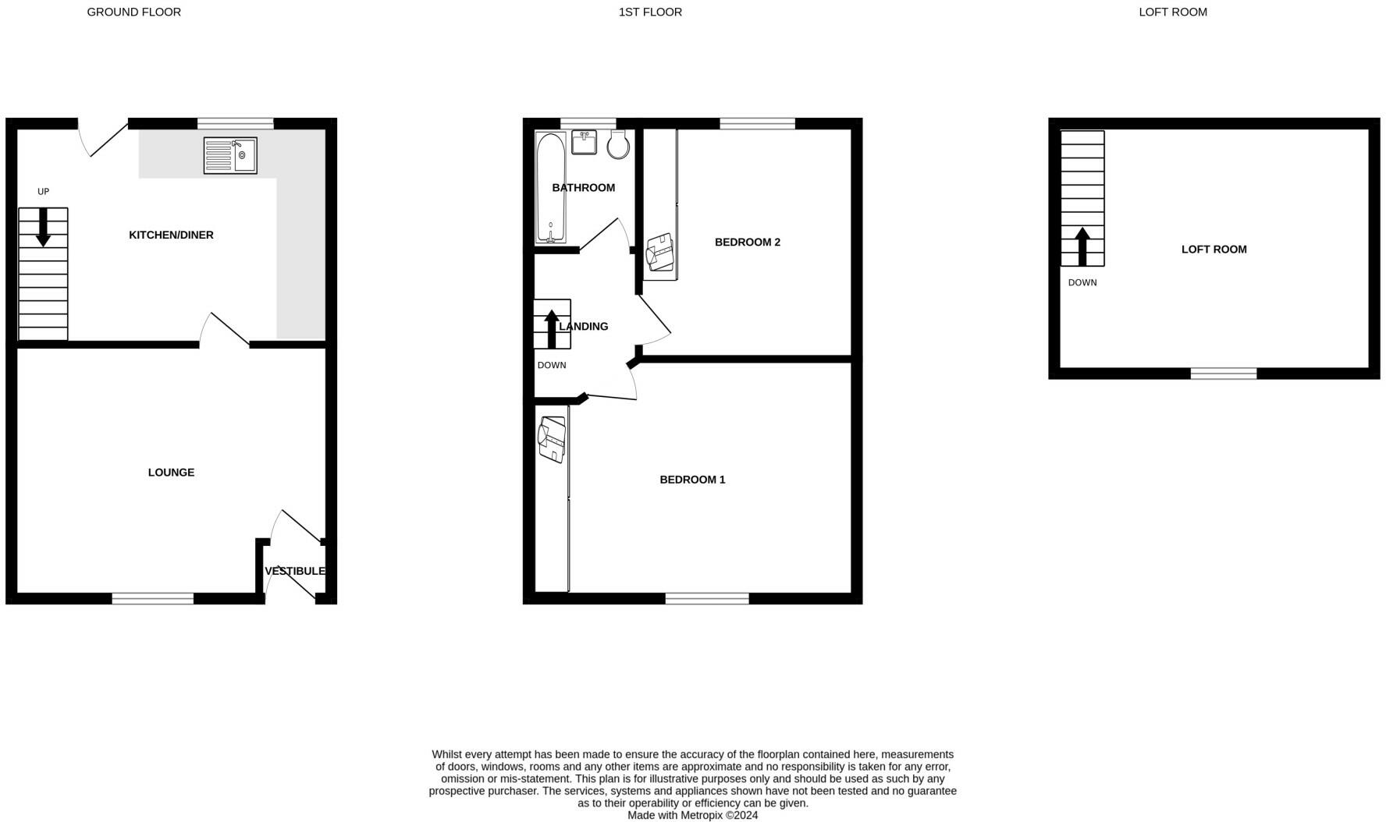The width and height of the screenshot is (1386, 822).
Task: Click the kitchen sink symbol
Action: pyautogui.click(x=230, y=156)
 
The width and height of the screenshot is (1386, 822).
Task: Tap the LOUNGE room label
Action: pyautogui.click(x=171, y=473)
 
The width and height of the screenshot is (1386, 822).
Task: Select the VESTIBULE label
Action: pyautogui.click(x=294, y=572)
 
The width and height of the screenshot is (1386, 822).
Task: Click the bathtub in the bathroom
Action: pyautogui.click(x=550, y=187)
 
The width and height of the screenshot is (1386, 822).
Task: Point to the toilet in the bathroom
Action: pyautogui.click(x=618, y=144)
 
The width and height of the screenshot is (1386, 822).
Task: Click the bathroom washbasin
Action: pyautogui.click(x=584, y=142)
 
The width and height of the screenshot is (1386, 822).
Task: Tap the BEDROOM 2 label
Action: pyautogui.click(x=747, y=243)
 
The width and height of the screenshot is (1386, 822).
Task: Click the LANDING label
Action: pyautogui.click(x=584, y=327)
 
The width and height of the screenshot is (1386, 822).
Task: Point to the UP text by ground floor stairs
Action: pyautogui.click(x=44, y=192)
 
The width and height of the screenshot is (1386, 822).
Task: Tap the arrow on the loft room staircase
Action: pyautogui.click(x=1082, y=246)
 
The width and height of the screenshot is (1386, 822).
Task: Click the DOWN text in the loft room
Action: pyautogui.click(x=1082, y=283)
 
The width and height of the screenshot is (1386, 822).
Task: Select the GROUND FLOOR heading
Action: pyautogui.click(x=133, y=12)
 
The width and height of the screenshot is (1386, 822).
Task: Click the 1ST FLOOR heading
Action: pyautogui.click(x=650, y=12)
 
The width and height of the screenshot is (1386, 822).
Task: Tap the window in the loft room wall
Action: pyautogui.click(x=1223, y=374)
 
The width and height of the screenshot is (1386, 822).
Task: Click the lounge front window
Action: pyautogui.click(x=152, y=598)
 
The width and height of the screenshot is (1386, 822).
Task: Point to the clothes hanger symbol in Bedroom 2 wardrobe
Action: pyautogui.click(x=660, y=252)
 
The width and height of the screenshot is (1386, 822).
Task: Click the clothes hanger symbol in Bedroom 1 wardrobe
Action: pyautogui.click(x=552, y=439)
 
